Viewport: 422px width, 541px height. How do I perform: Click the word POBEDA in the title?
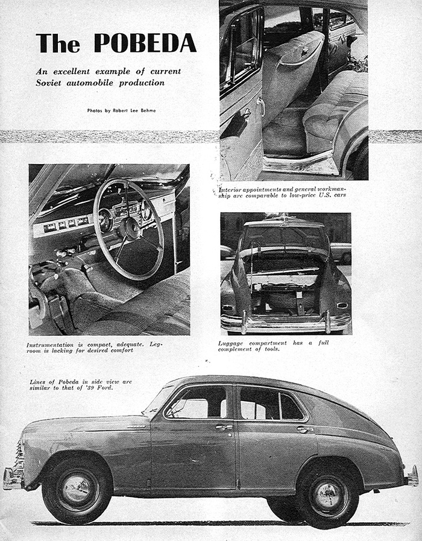click(x=145, y=42)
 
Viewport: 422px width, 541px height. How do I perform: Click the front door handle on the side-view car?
click(x=225, y=427)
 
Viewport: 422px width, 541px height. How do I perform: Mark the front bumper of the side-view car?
click(x=12, y=478)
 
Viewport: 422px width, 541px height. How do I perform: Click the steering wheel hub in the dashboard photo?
click(x=128, y=228)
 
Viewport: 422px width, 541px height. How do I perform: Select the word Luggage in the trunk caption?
click(x=233, y=343)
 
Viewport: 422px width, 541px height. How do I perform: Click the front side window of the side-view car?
click(x=198, y=403)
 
